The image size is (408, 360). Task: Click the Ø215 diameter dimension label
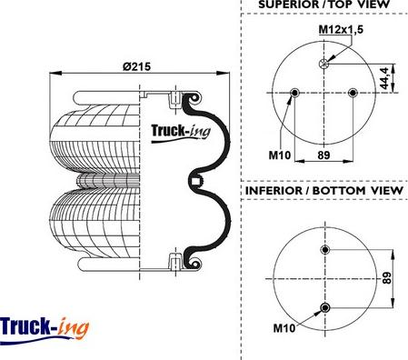tap(136, 66)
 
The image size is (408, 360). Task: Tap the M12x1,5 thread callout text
tap(341, 30)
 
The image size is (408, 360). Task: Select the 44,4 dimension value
tap(384, 78)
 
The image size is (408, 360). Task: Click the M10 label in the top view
tap(279, 155)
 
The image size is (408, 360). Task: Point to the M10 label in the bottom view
tap(284, 328)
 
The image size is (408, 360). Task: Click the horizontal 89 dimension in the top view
tap(323, 155)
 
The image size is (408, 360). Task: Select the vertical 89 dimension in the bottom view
tap(387, 278)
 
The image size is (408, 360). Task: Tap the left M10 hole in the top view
tap(294, 93)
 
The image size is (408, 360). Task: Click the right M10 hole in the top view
tap(353, 93)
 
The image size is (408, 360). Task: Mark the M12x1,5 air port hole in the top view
tap(323, 64)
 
